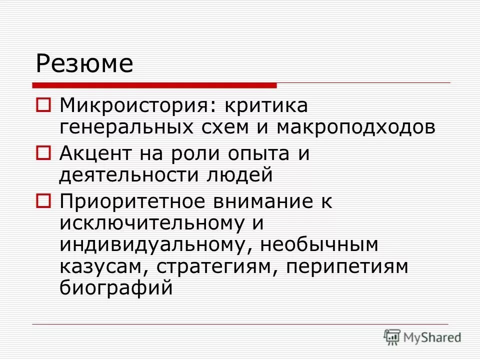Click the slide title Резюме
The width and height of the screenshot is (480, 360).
84,64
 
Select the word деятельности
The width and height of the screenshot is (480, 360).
117,175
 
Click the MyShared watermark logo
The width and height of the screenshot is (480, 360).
422,336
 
